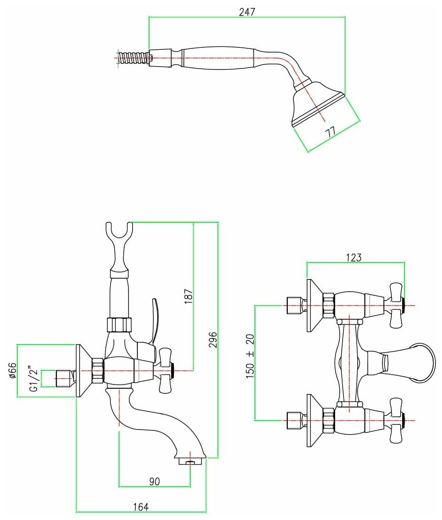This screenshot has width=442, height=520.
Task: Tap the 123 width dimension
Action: (x=354, y=257)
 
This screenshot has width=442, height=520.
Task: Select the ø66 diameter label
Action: (x=13, y=370)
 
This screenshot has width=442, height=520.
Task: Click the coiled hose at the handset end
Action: (x=132, y=59)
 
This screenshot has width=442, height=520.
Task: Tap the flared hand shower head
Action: (x=317, y=105)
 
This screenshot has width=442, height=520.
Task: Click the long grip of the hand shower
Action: (x=218, y=58)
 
